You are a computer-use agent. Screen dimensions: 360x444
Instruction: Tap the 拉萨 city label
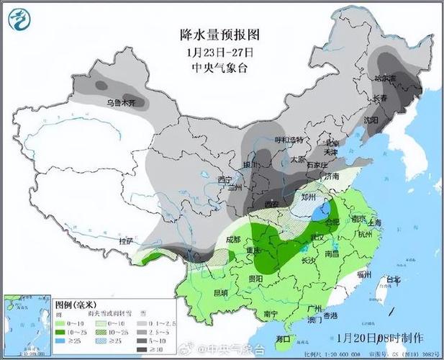127,240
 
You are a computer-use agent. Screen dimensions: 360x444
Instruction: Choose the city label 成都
232,239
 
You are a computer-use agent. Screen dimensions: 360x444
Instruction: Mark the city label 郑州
309,195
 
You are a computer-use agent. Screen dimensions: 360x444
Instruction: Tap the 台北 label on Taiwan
393,280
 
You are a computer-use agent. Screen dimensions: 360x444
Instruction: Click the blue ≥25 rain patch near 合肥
326,211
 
